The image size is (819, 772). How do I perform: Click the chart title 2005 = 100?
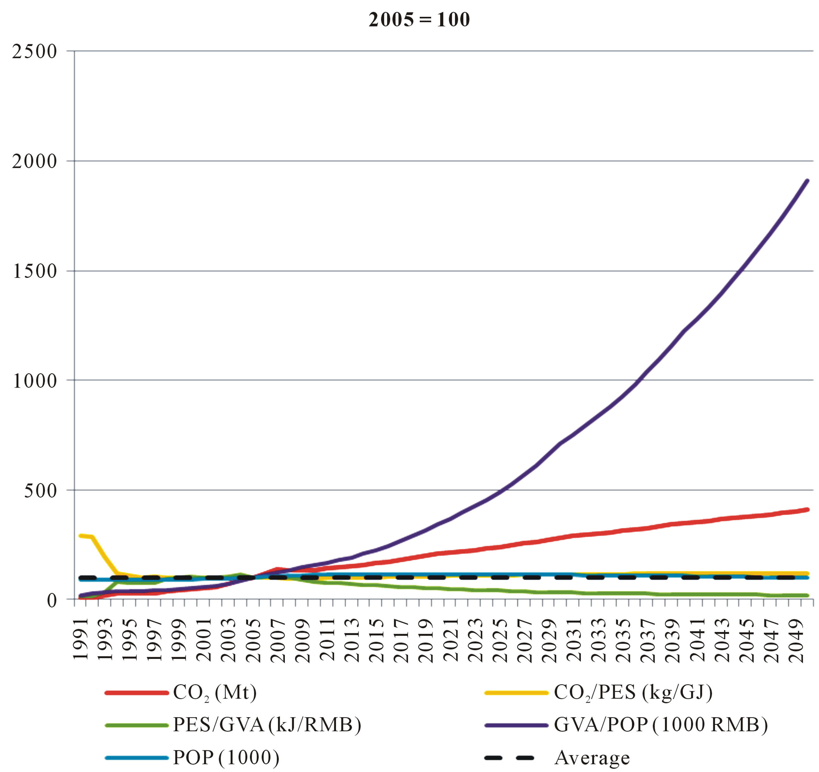(419, 20)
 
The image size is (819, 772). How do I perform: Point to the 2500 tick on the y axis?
(34, 51)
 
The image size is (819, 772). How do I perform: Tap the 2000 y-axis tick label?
(34, 161)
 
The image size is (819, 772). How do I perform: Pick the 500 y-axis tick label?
(40, 490)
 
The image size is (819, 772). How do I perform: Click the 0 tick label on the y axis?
(51, 601)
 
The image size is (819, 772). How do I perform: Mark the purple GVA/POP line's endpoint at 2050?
(807, 180)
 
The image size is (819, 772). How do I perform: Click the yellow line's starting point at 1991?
(81, 535)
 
